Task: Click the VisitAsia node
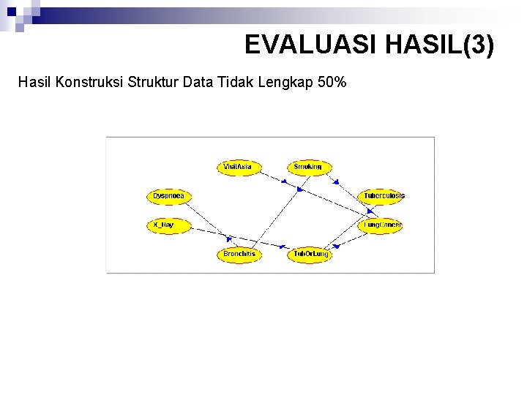(x=238, y=167)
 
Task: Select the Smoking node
(x=308, y=167)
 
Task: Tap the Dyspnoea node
(x=168, y=196)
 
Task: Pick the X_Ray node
(x=168, y=225)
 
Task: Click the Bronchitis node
(x=239, y=254)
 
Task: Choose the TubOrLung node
(x=310, y=254)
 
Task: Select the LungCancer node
(x=381, y=225)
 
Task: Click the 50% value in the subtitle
(x=332, y=82)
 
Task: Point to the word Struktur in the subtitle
(x=154, y=82)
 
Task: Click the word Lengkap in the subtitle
(x=286, y=82)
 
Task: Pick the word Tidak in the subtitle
(x=236, y=82)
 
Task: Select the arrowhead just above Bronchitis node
(x=229, y=238)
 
